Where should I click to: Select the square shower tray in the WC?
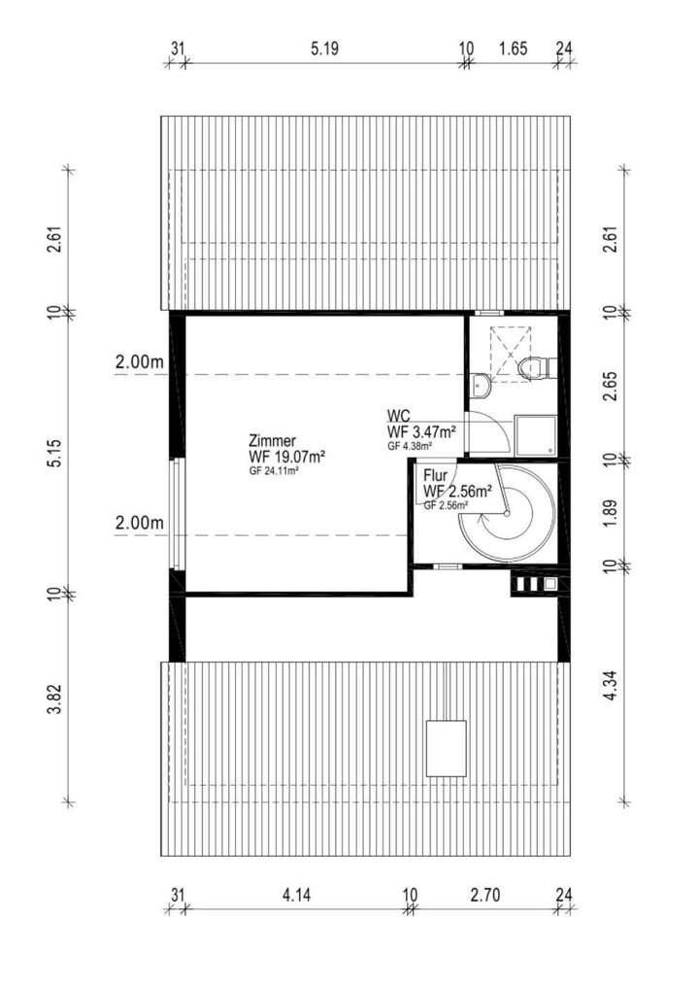pos(535,436)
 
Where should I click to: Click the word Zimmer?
pos(272,440)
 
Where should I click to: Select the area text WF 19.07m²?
pos(286,456)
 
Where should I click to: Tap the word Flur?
pos(435,477)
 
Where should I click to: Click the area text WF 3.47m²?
pos(421,431)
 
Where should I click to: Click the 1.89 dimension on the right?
pos(609,511)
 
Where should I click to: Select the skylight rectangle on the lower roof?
pos(446,748)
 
